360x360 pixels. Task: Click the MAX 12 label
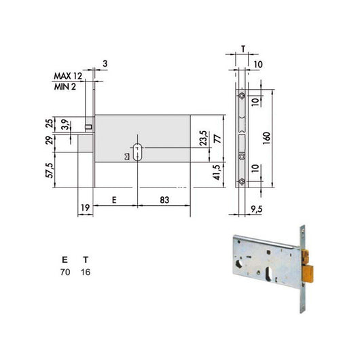68,76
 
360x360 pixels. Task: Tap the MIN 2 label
65,87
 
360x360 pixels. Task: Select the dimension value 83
164,200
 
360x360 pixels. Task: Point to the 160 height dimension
266,138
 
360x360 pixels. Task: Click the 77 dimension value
217,139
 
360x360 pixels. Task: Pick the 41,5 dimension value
217,173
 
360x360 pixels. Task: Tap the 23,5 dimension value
203,138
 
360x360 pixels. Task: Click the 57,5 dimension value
50,170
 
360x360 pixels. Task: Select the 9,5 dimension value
257,209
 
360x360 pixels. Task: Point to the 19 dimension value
85,208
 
